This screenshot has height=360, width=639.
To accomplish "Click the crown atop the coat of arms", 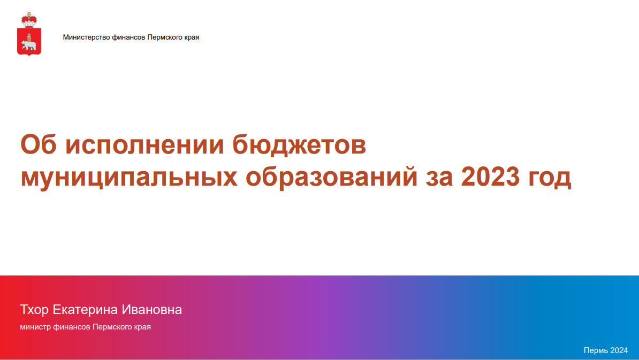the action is coord(29,20).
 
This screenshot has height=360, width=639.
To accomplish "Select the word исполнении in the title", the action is coord(144,144).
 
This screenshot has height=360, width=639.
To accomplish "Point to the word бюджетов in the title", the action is coord(299,144).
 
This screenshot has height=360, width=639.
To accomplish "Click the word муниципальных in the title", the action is coord(129,178).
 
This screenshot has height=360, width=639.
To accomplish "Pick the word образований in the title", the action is coord(331,177).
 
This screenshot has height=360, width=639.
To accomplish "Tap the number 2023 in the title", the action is coord(490,177).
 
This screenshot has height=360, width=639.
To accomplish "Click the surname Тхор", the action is coord(34,310).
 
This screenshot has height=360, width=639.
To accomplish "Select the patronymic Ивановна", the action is coord(151,310).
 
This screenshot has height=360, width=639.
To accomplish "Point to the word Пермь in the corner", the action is coord(596,350).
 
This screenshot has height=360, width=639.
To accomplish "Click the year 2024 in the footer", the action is coord(619,350).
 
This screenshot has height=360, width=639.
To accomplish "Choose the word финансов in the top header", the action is coord(128,37).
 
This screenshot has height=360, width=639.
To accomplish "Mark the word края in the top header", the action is coord(191,37).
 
